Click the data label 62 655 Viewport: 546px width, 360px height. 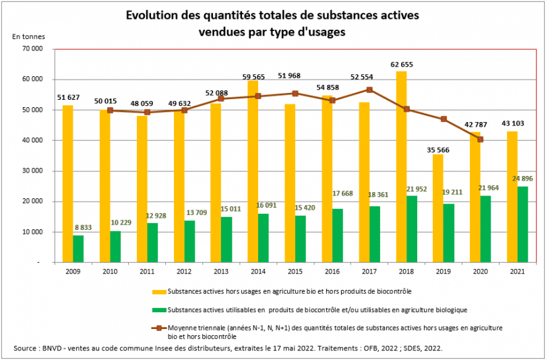click(x=401, y=65)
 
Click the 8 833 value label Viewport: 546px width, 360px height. click(x=83, y=228)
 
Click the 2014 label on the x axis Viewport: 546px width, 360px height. click(x=257, y=272)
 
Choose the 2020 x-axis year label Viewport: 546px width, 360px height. click(x=479, y=272)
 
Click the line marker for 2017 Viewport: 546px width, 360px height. click(x=369, y=90)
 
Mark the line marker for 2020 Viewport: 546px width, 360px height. click(x=480, y=139)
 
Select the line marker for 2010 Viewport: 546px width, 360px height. click(x=109, y=111)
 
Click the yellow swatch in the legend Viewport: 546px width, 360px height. click(x=158, y=292)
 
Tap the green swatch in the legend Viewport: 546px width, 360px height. click(x=158, y=309)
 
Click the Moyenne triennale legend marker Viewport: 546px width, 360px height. click(x=158, y=328)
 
